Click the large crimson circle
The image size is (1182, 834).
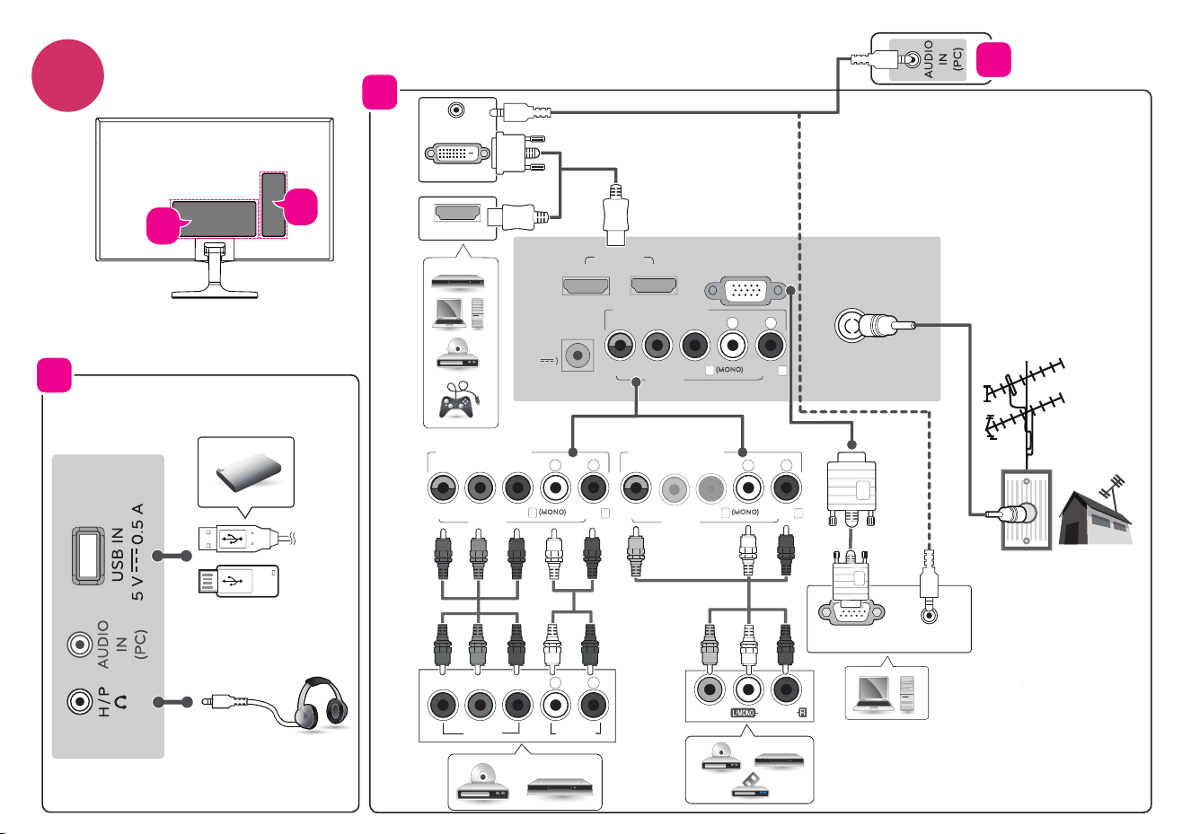(67, 75)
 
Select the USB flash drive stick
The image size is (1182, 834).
(239, 581)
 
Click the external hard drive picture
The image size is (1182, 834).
(249, 471)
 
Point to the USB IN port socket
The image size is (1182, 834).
(88, 556)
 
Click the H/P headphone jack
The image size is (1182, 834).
(80, 702)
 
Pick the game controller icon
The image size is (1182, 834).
(457, 399)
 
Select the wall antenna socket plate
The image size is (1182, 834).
(1027, 510)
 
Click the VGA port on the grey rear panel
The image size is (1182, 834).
(745, 290)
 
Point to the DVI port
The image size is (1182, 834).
(457, 154)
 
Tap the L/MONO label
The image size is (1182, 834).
(743, 713)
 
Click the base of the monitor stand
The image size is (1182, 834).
(215, 294)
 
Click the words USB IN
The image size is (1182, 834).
(118, 555)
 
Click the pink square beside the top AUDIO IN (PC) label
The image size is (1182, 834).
(993, 59)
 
